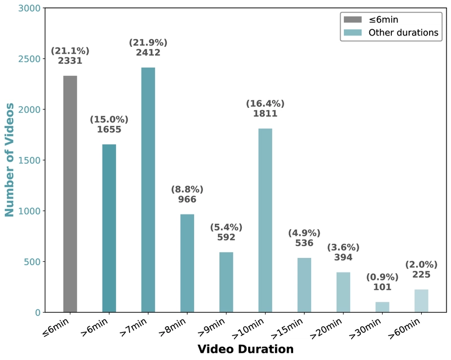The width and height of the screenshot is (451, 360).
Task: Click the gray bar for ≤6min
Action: [70, 194]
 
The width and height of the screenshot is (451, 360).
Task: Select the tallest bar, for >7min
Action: [148, 190]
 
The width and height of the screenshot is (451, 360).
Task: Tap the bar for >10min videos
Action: [265, 220]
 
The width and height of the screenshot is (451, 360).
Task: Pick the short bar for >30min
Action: [382, 307]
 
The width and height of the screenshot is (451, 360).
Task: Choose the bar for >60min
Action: [421, 301]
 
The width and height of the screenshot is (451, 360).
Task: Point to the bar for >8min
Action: [187, 264]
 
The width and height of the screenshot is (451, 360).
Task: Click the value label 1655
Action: [109, 130]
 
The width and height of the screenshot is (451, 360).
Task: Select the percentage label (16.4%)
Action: [265, 104]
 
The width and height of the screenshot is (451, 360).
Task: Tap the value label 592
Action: [227, 238]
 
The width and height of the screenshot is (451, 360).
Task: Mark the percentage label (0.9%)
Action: [382, 278]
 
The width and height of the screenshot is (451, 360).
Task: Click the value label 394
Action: [343, 257]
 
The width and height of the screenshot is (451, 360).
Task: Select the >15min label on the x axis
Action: [287, 328]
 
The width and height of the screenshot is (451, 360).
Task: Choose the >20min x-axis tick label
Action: [326, 328]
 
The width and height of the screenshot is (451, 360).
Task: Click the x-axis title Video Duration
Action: [246, 349]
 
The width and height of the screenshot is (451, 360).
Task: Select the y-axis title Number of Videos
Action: [9, 160]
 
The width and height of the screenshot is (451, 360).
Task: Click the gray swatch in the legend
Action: [353, 20]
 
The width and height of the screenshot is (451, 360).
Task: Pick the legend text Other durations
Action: [404, 33]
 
